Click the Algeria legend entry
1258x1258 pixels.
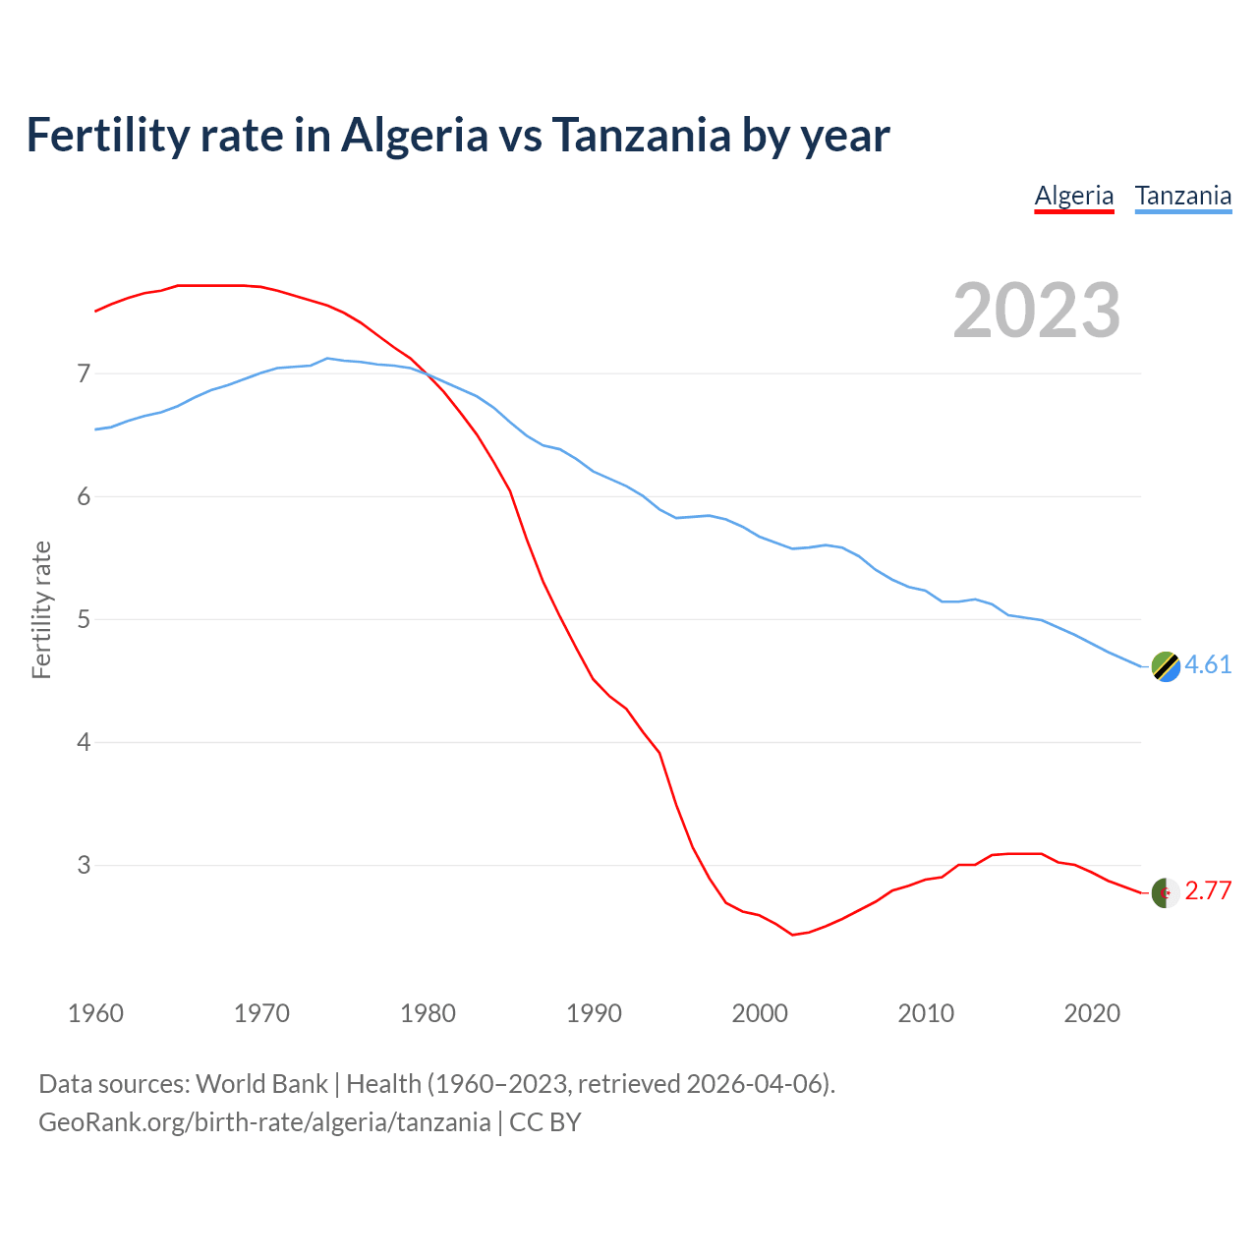pos(1073,196)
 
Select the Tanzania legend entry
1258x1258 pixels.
pos(1182,196)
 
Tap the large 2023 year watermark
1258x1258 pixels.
pos(1036,311)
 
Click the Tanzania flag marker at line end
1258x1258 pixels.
pos(1165,666)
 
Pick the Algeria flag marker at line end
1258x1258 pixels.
pos(1165,892)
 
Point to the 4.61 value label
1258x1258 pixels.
pos(1208,665)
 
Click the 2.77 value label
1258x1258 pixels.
pos(1208,891)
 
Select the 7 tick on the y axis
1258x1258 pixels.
pos(84,373)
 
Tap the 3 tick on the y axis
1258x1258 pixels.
pos(84,865)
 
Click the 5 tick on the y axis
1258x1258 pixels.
pos(84,619)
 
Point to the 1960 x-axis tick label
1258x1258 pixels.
pos(95,1013)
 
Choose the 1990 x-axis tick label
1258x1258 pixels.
pos(594,1013)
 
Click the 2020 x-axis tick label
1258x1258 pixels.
pos(1092,1013)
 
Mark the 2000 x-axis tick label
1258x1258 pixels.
pos(760,1013)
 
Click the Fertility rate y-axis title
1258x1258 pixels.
pos(41,609)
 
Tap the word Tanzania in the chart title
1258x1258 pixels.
pos(641,135)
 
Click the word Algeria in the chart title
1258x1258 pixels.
pos(414,135)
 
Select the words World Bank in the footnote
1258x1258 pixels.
pos(261,1084)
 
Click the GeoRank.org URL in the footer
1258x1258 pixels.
pos(264,1122)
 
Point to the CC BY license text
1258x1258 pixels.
pos(545,1122)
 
